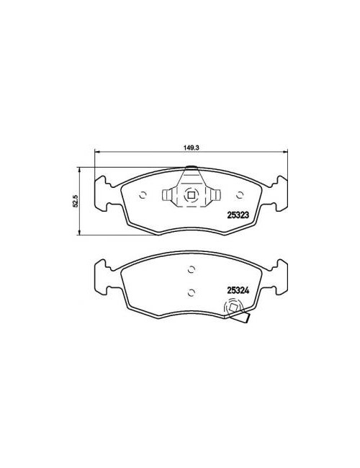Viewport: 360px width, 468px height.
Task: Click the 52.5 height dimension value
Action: [x=76, y=201]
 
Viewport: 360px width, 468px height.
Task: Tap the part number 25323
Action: [x=238, y=215]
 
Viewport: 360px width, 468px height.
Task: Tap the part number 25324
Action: [x=238, y=290]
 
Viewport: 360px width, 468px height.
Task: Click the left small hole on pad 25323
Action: [x=143, y=195]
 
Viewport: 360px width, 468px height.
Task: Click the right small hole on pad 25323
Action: [x=240, y=195]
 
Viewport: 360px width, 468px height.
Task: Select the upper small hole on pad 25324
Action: [x=192, y=269]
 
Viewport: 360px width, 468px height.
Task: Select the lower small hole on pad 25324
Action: [x=192, y=292]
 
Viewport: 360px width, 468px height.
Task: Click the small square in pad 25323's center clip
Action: [x=191, y=195]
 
